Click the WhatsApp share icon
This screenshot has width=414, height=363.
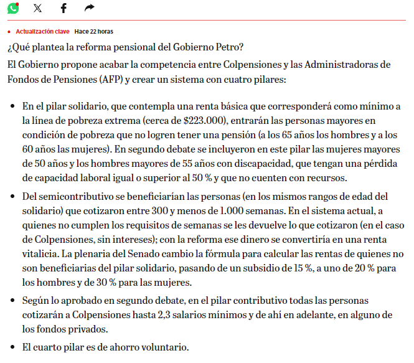tap(12, 8)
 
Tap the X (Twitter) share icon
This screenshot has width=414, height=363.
tap(38, 8)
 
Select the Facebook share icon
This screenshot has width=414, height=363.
tap(64, 8)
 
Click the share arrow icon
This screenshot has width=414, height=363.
tap(89, 8)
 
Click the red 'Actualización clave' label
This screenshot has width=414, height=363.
tap(42, 31)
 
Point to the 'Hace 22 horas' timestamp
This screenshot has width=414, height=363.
tap(93, 31)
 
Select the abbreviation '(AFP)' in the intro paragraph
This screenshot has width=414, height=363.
tap(111, 80)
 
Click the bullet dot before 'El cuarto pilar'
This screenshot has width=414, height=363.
tap(12, 347)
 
